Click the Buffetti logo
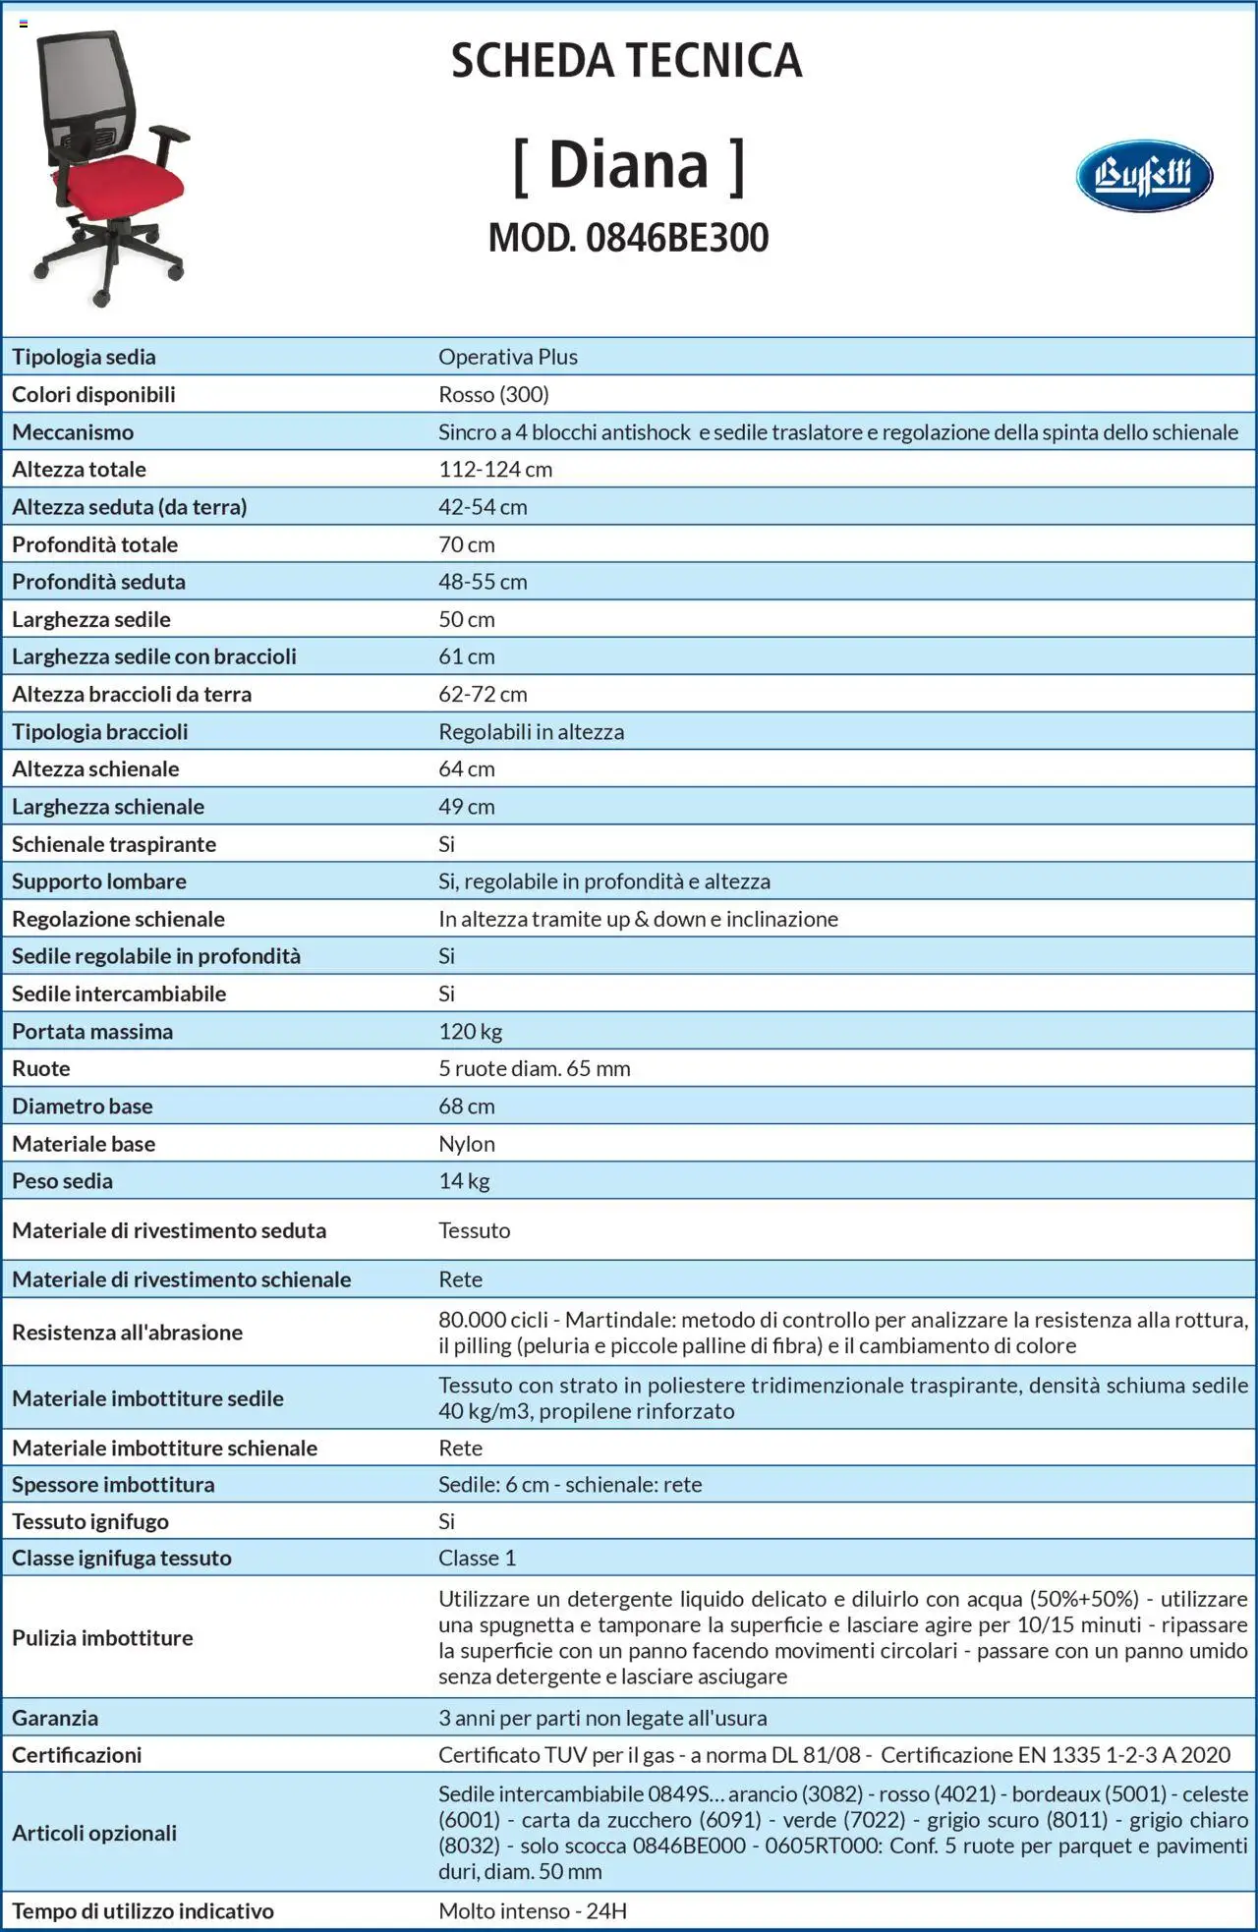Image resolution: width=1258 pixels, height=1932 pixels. point(1144,177)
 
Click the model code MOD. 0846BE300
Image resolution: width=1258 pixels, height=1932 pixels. point(628,238)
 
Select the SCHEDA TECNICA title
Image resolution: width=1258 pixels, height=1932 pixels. point(626,61)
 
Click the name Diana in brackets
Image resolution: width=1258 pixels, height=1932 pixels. point(628,165)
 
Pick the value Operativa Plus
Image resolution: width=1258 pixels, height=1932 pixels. point(507,357)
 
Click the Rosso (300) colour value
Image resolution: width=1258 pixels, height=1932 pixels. point(493,394)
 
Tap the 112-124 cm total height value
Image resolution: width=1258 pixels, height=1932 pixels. point(495,470)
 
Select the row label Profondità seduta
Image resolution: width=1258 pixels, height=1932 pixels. point(98,582)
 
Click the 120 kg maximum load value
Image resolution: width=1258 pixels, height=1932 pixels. point(470,1031)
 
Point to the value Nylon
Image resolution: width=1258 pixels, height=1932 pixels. point(467,1144)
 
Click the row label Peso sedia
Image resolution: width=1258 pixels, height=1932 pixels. point(62,1181)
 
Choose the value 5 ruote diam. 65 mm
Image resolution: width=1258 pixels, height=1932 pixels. point(534,1068)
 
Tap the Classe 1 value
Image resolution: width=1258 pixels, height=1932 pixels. point(477,1558)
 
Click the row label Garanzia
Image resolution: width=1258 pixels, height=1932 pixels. point(55,1718)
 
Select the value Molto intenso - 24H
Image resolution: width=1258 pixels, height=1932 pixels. point(532,1910)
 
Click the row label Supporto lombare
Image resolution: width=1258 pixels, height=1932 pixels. point(98,881)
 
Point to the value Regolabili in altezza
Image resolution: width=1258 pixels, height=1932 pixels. point(531,732)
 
